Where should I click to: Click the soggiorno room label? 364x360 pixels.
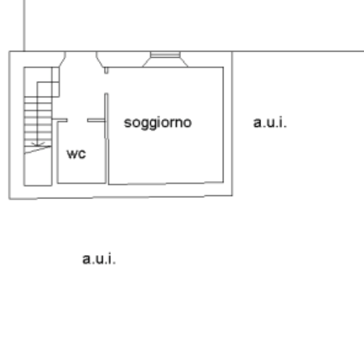click(x=157, y=122)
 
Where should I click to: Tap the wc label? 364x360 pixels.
click(x=76, y=153)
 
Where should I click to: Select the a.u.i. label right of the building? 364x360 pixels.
click(x=270, y=123)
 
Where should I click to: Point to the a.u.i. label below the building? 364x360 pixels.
click(x=99, y=259)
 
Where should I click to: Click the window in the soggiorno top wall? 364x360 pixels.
click(x=165, y=55)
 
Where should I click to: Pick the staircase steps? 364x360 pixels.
click(x=38, y=121)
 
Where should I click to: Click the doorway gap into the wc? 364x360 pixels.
click(x=77, y=120)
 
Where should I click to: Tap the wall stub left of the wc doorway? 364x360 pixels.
click(x=61, y=120)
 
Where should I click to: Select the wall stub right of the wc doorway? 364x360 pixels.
click(x=96, y=120)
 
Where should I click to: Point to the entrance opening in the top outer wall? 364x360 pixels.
click(x=82, y=53)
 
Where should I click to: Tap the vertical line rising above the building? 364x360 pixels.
click(x=24, y=25)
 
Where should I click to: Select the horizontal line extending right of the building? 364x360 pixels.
click(x=297, y=52)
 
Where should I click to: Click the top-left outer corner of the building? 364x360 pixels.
click(x=9, y=52)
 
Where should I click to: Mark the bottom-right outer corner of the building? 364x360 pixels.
click(x=232, y=196)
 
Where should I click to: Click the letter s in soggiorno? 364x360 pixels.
click(x=127, y=122)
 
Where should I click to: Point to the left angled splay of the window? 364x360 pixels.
click(x=146, y=61)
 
